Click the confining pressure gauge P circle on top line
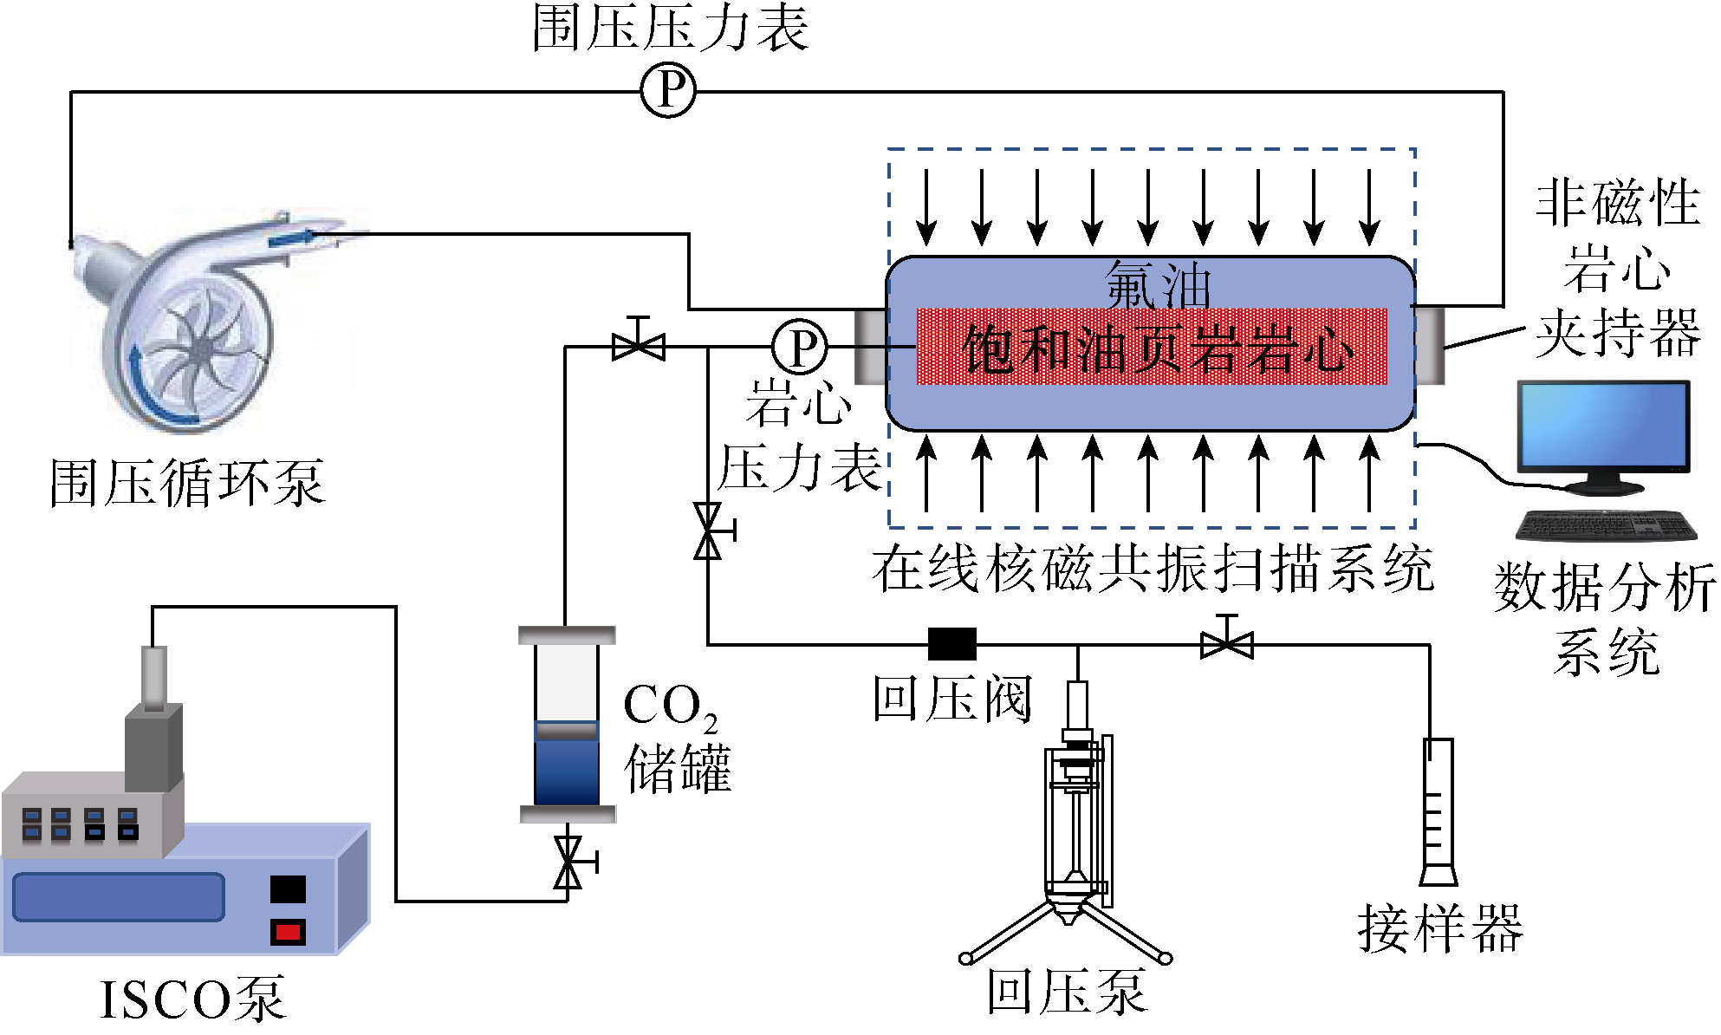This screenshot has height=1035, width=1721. (668, 90)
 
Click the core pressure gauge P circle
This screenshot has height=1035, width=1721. (800, 347)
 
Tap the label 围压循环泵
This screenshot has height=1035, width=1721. (187, 483)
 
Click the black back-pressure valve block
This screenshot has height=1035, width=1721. (951, 644)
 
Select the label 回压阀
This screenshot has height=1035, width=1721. (951, 699)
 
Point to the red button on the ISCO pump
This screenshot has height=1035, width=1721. (288, 933)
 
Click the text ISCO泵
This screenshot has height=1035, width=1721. (192, 999)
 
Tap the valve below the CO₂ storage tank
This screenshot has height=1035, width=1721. (568, 862)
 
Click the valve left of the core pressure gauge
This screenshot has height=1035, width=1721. (639, 346)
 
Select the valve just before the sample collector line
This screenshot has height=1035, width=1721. (1227, 643)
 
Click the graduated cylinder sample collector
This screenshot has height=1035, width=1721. (1438, 810)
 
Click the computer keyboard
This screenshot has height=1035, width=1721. (1606, 525)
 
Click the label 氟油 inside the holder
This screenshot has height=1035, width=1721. (1157, 284)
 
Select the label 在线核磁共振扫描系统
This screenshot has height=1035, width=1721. (1153, 570)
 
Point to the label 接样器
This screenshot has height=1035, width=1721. (1439, 928)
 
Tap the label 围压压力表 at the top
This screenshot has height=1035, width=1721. (669, 28)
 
